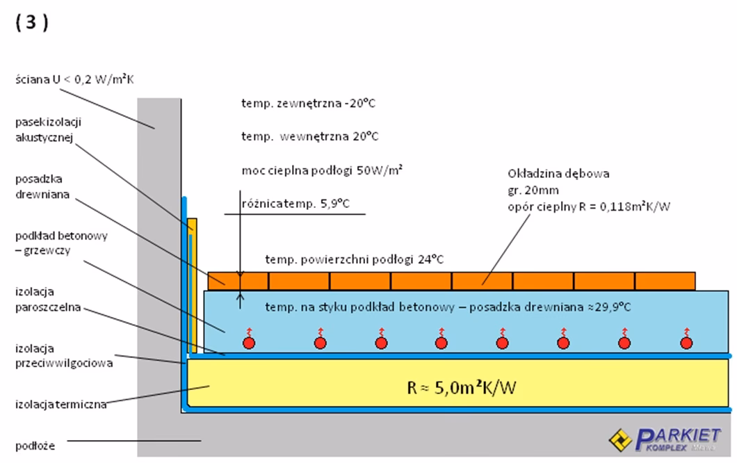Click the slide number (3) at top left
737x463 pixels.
pyautogui.click(x=29, y=23)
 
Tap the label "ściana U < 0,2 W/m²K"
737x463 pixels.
pyautogui.click(x=74, y=80)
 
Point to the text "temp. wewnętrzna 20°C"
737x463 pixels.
pyautogui.click(x=310, y=136)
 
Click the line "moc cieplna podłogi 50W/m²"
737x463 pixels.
pyautogui.click(x=323, y=170)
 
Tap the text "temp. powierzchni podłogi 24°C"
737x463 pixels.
pyautogui.click(x=354, y=259)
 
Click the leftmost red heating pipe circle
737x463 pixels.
pyautogui.click(x=248, y=342)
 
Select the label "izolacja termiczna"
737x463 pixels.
pyautogui.click(x=60, y=405)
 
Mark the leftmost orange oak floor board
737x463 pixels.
pyautogui.click(x=238, y=281)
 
